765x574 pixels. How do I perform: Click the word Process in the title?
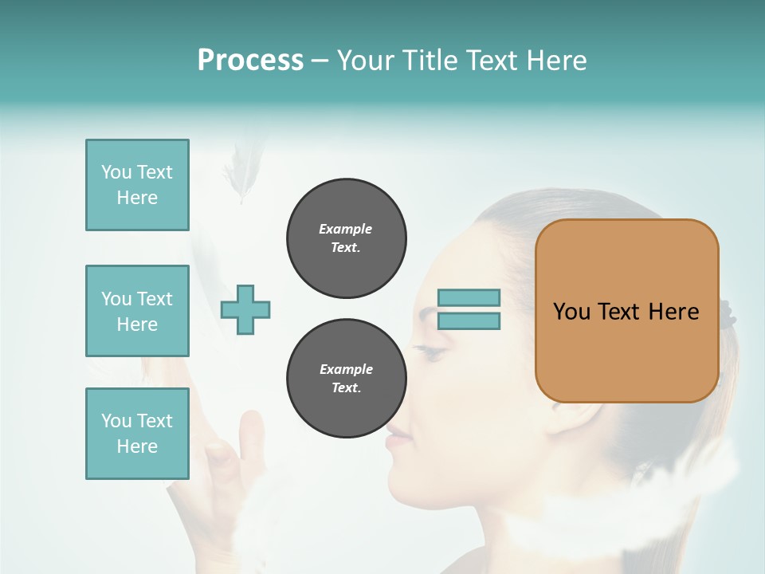coord(250,60)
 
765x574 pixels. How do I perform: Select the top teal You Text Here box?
coord(137,185)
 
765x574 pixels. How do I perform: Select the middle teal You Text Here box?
coord(137,311)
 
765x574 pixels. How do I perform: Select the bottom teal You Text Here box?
coord(137,434)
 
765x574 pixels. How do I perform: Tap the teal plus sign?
coord(245,309)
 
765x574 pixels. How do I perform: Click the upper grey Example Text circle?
coord(346,238)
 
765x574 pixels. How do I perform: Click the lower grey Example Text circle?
coord(346,379)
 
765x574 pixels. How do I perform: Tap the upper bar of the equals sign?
coord(469,297)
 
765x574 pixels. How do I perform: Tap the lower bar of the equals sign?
coord(469,321)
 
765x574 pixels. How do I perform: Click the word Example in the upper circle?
coord(346,229)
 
